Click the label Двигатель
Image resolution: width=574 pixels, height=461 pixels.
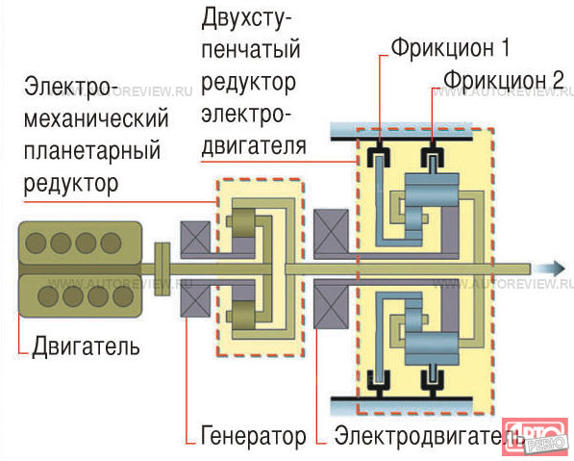click(86, 346)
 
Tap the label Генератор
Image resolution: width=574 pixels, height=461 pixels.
click(253, 436)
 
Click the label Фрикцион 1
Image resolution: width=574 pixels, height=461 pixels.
click(450, 48)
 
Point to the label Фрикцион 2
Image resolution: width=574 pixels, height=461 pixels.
click(504, 80)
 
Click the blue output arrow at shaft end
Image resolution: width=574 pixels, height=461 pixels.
click(549, 269)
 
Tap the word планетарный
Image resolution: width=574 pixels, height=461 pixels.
click(92, 151)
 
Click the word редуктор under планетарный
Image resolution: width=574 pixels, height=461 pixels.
click(71, 183)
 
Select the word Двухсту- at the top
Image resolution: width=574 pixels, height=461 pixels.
click(242, 19)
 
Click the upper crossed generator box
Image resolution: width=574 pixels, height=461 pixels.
click(195, 238)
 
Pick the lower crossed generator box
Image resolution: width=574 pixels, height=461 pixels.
click(195, 300)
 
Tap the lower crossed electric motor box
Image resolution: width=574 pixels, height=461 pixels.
click(332, 307)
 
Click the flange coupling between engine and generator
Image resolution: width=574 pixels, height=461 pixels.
click(162, 269)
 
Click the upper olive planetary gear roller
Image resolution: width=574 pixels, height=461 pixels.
click(243, 223)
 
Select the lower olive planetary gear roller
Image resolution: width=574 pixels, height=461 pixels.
click(243, 316)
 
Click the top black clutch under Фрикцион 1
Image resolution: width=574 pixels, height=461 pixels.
click(379, 155)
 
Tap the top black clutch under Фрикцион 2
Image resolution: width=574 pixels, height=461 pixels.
click(433, 155)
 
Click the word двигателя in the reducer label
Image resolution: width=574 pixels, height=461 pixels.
click(254, 146)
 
